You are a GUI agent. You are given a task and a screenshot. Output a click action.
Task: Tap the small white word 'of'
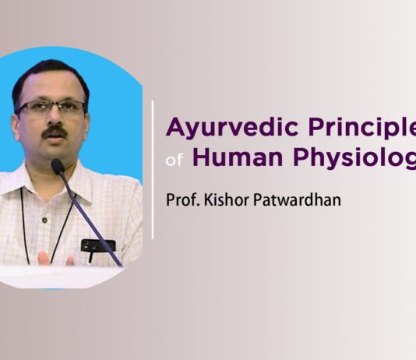pyautogui.click(x=175, y=161)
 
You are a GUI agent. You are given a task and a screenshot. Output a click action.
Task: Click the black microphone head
pyautogui.click(x=57, y=166)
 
